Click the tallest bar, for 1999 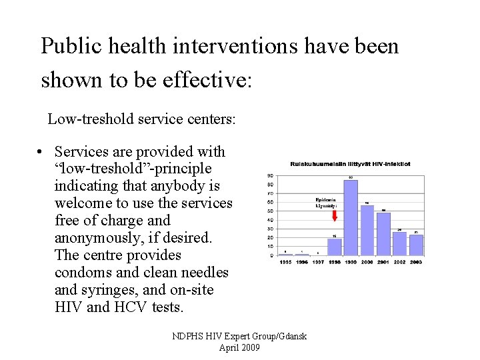351,217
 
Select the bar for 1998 334,247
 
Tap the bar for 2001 383,234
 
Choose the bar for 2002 399,243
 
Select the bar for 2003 416,245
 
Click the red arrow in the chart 334,215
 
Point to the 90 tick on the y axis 270,176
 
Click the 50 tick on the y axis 270,211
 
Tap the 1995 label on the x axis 285,263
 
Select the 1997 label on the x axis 318,263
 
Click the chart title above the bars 349,163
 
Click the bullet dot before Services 41,153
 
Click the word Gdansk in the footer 287,337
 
